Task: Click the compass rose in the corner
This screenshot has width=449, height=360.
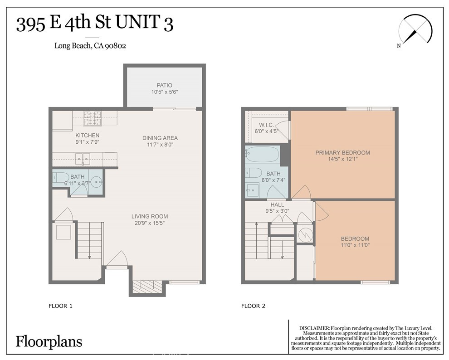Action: (415, 30)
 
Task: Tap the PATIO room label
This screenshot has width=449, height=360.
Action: (164, 85)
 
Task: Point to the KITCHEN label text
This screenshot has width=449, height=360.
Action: (87, 136)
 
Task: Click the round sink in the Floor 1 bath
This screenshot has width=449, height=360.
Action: (96, 183)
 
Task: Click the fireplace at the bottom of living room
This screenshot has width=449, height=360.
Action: (147, 286)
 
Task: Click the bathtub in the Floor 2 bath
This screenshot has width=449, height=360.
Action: (263, 155)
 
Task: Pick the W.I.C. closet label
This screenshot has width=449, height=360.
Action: (265, 125)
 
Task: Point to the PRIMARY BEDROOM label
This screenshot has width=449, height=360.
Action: (342, 153)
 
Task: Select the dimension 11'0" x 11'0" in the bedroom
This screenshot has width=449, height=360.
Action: (355, 246)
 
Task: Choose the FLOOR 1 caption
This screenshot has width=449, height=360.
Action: (60, 306)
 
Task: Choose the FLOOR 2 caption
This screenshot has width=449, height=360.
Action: (253, 306)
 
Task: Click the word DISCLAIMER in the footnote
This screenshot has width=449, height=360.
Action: (314, 328)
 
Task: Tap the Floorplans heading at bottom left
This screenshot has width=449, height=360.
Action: (49, 341)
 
